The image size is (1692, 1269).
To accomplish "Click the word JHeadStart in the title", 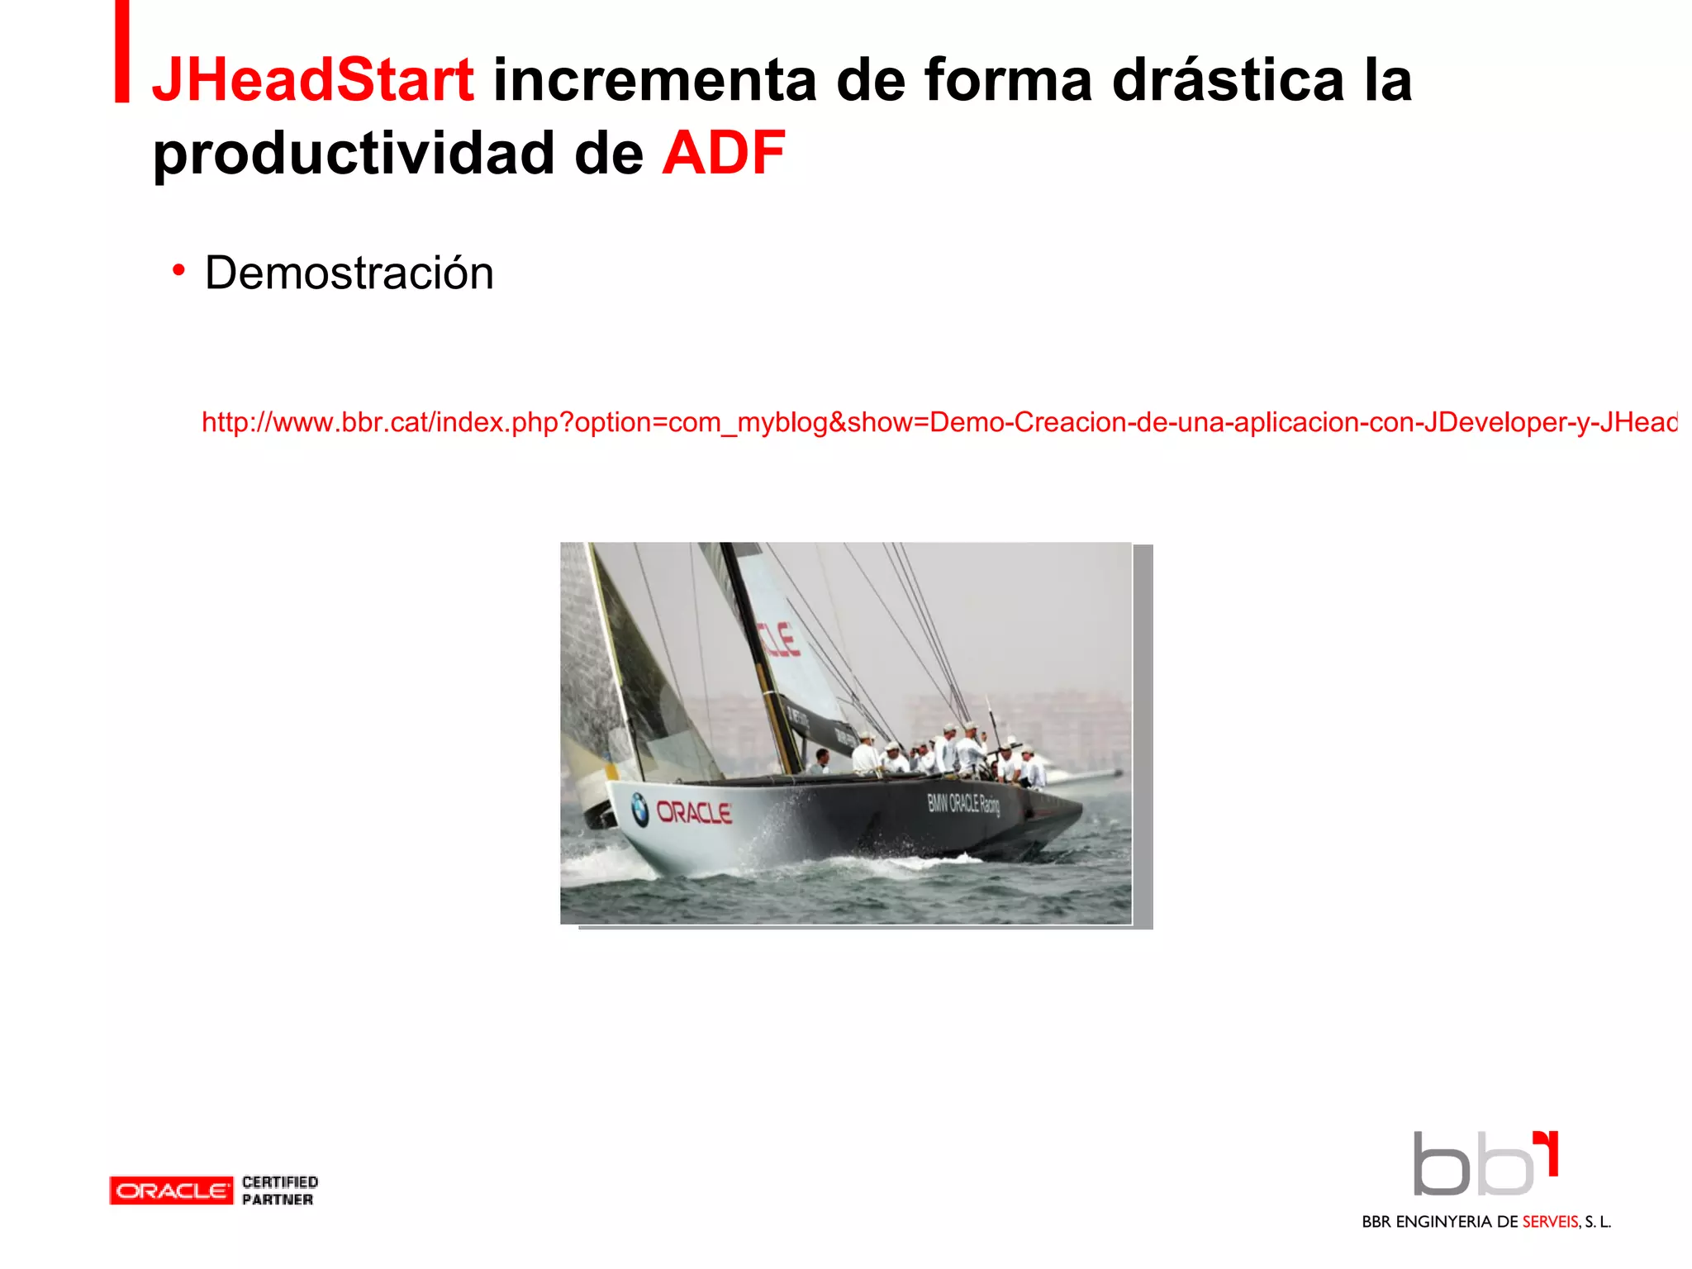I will (x=312, y=80).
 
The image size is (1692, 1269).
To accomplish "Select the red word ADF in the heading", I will (x=723, y=153).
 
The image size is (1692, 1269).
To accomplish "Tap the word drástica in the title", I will (x=1229, y=80).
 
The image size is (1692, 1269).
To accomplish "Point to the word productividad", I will (x=353, y=154).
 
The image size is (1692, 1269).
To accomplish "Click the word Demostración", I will (x=349, y=273).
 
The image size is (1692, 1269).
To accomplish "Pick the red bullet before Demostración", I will (x=178, y=269).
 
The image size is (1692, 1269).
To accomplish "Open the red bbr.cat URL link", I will (x=939, y=422).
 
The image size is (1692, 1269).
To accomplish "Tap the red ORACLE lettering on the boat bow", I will (x=694, y=813).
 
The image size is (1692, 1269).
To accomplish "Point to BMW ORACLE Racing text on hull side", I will (x=963, y=803).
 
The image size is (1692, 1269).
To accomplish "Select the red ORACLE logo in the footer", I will (x=171, y=1191).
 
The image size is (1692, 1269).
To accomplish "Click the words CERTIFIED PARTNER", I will (x=279, y=1191).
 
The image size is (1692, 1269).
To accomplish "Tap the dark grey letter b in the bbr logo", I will (x=1441, y=1165).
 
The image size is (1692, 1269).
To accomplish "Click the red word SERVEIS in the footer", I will (x=1551, y=1222).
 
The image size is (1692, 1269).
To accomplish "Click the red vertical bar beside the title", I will (x=121, y=51).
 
